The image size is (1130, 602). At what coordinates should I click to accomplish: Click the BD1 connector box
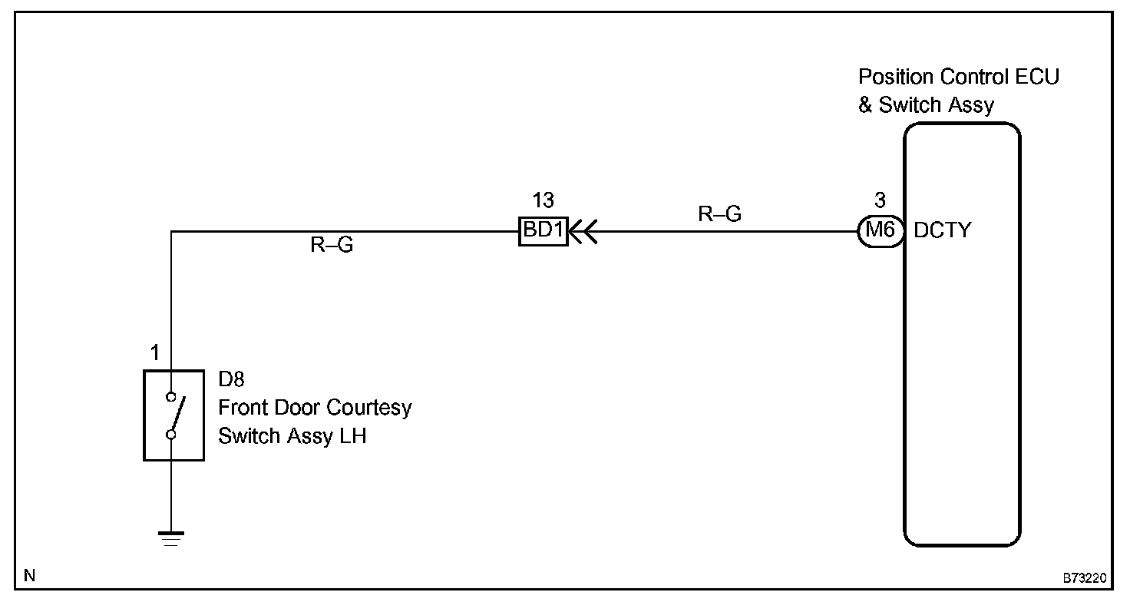click(544, 230)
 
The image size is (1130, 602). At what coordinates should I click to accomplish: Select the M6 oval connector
click(880, 230)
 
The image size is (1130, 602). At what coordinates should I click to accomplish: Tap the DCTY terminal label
click(942, 230)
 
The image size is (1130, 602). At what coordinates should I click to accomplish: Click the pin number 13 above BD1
click(543, 201)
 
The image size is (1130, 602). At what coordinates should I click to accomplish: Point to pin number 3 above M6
click(880, 201)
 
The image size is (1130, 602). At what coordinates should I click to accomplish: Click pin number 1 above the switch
click(155, 354)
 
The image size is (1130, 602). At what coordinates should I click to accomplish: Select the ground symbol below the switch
click(171, 537)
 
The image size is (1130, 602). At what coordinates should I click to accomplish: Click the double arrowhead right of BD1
click(581, 230)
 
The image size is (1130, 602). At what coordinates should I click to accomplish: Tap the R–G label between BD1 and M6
click(719, 214)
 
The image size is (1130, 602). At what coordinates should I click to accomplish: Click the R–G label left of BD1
click(332, 246)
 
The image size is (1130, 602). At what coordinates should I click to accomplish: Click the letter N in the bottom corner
click(29, 575)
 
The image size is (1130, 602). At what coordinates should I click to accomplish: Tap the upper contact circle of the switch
click(171, 398)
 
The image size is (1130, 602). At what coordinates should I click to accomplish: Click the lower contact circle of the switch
click(171, 435)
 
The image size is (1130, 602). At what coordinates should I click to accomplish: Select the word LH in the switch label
click(352, 436)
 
